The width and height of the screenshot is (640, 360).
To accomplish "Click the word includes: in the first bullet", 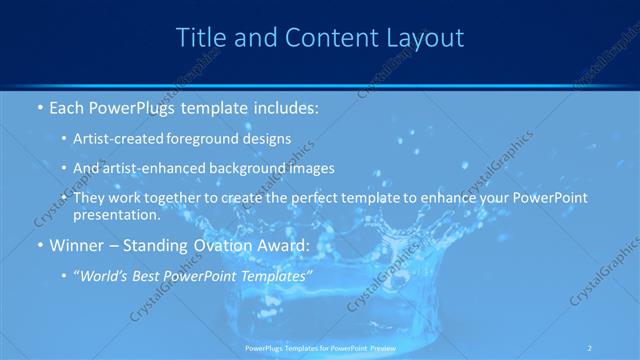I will [x=281, y=106].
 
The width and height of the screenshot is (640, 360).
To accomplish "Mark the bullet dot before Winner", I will [x=39, y=246].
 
